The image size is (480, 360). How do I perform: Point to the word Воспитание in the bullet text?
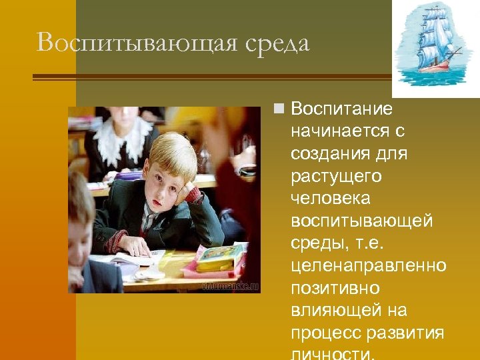[x=342, y=108]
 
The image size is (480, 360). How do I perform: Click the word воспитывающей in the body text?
[x=361, y=221]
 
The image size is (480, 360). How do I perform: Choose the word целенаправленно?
[x=368, y=267]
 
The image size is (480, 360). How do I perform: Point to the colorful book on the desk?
[x=220, y=257]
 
